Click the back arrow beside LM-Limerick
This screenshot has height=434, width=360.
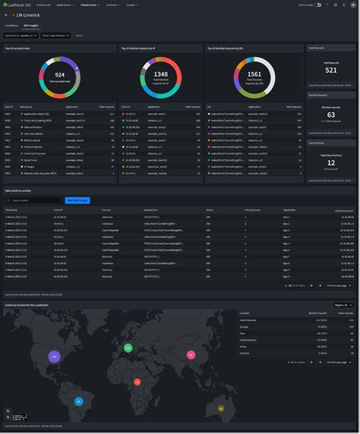(6, 14)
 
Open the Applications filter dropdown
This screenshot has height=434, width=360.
(21, 35)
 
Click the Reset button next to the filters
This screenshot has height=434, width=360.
(80, 35)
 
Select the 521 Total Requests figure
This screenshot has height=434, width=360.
(331, 70)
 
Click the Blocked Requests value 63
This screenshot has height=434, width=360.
(331, 115)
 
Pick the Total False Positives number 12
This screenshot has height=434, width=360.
(331, 161)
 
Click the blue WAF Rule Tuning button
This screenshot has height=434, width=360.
(77, 200)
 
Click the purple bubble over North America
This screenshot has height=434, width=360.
(53, 356)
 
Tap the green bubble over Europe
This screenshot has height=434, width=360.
(128, 348)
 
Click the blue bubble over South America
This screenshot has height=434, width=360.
(78, 401)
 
